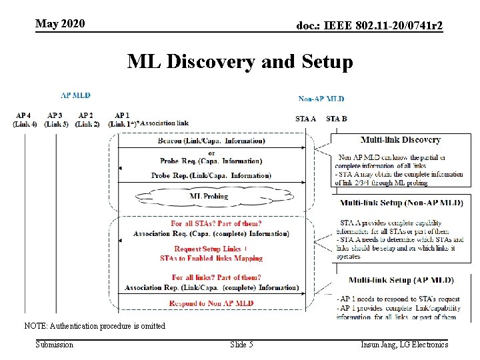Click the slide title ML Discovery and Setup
240,62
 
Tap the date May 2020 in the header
60,24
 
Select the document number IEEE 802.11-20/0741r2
369,25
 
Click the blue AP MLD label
75,95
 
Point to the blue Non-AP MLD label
321,99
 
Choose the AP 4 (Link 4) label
25,120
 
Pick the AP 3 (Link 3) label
56,120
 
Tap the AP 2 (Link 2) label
87,120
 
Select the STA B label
337,119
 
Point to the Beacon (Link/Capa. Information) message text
211,141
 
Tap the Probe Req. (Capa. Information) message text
211,161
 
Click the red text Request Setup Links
207,249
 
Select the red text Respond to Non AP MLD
211,303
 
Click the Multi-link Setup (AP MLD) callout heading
401,280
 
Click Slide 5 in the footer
241,344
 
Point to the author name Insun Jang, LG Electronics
405,344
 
